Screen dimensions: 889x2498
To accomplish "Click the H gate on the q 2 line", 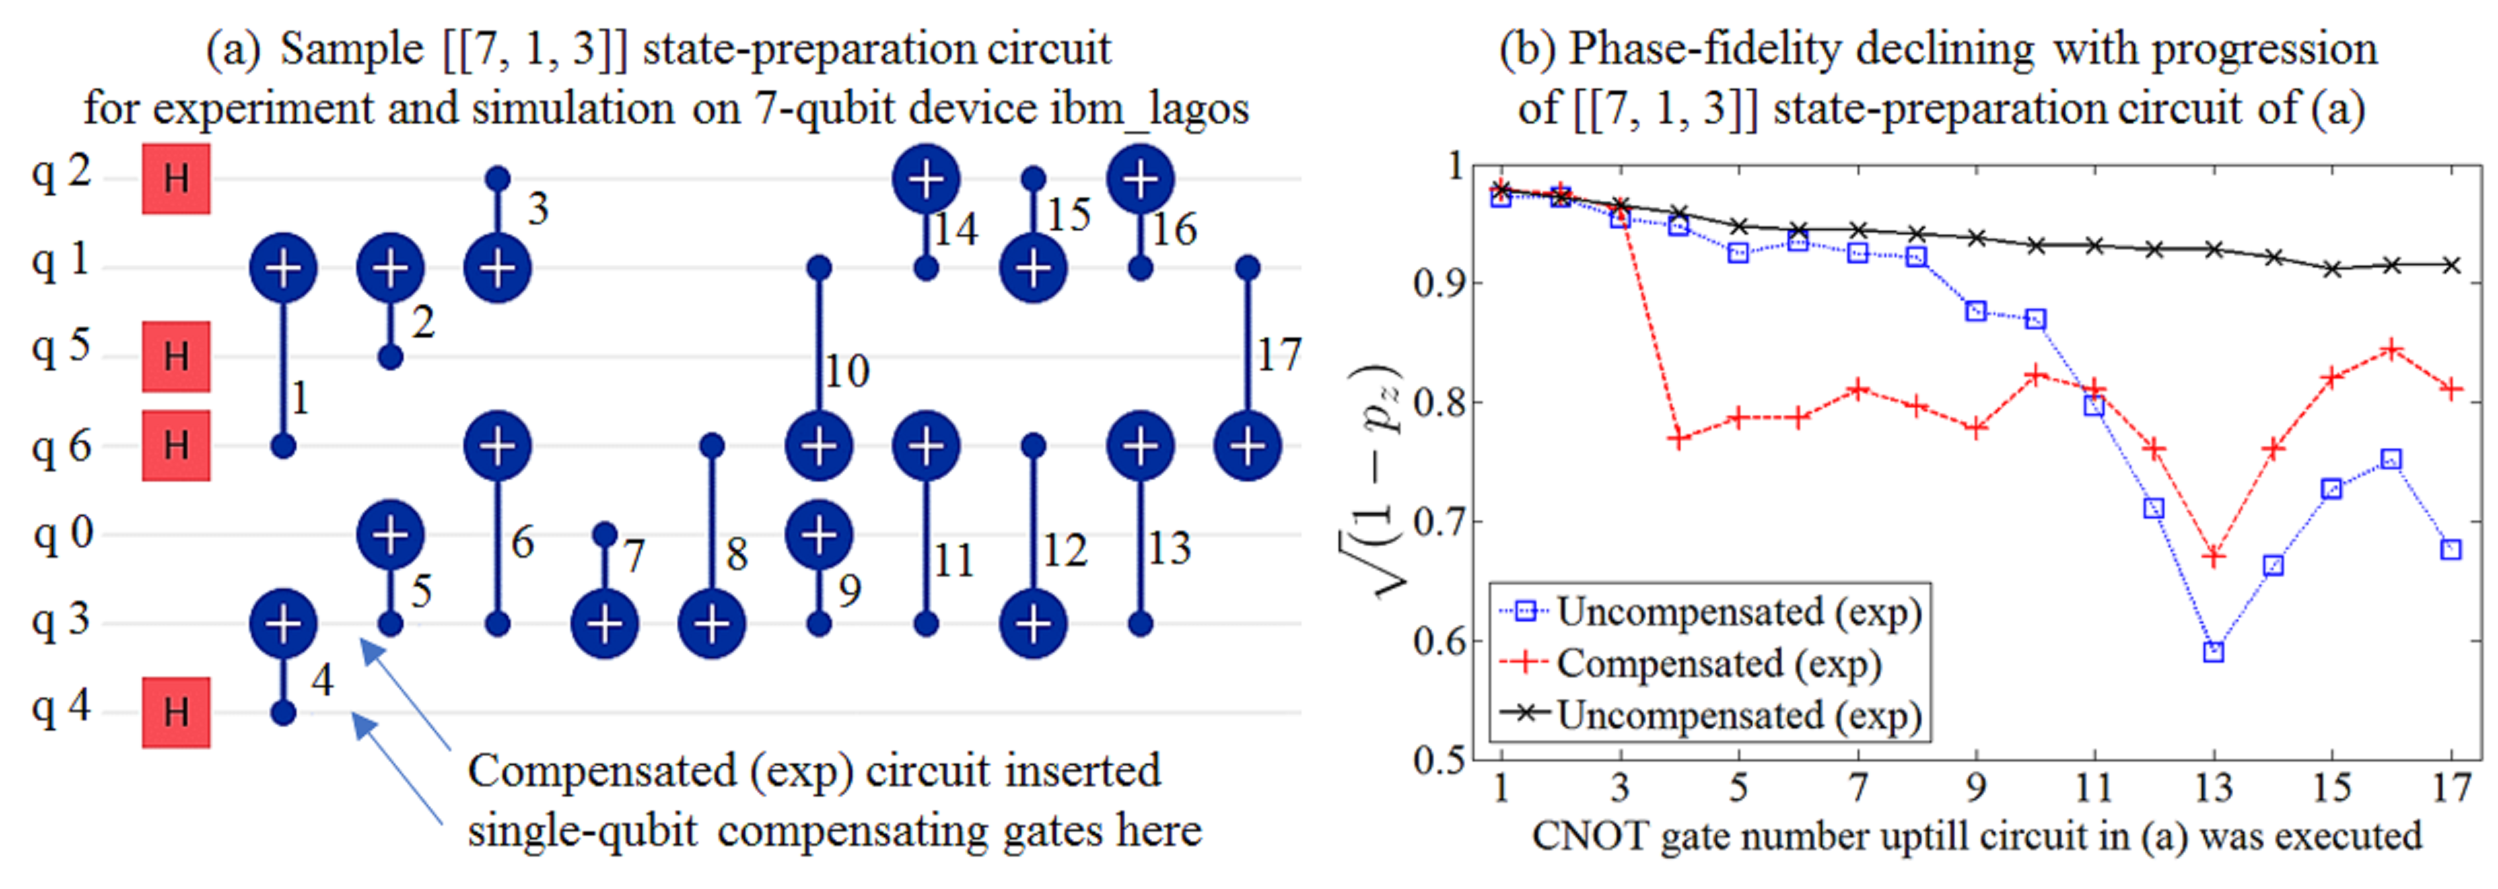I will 176,178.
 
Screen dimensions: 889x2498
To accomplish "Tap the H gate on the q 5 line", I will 176,357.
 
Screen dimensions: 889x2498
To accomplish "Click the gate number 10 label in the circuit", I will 846,371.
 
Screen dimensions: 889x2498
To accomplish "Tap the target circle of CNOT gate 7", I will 605,624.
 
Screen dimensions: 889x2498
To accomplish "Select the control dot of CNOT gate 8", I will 712,446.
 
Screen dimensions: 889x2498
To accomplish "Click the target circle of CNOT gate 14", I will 926,179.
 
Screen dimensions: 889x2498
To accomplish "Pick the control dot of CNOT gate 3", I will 498,178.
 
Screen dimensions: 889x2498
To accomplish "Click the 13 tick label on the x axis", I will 2213,787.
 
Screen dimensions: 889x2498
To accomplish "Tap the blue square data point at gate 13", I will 2213,652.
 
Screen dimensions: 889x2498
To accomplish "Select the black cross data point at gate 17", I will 2451,265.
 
